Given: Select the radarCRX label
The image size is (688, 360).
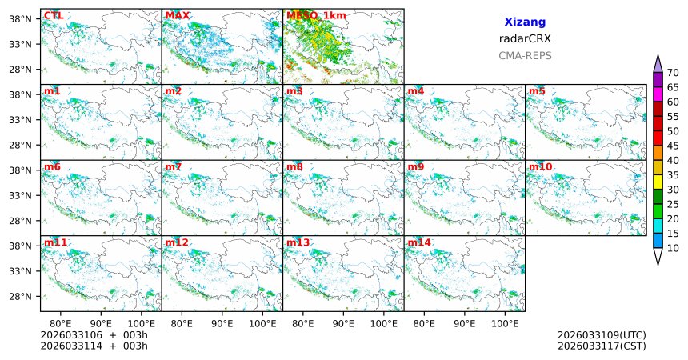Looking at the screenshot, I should (525, 38).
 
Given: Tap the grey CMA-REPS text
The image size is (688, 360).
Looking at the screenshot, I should (525, 56).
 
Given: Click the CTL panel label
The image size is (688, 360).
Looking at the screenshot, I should (54, 15).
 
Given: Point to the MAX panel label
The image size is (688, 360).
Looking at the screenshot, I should (177, 15).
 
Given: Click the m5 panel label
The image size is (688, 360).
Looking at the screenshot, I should (537, 91).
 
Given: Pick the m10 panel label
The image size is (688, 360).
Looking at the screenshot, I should (540, 166).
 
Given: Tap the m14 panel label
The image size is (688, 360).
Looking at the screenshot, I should (419, 242).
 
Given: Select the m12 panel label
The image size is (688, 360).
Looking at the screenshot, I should (177, 242).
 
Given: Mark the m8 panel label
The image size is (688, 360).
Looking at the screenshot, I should (294, 166).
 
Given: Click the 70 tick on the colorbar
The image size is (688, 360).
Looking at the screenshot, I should (674, 73).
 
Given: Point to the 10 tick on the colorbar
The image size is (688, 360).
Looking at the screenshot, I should (674, 249).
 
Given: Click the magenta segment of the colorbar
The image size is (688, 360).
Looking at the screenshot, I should (658, 94).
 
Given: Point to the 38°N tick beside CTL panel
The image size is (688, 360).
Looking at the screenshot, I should (24, 18).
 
